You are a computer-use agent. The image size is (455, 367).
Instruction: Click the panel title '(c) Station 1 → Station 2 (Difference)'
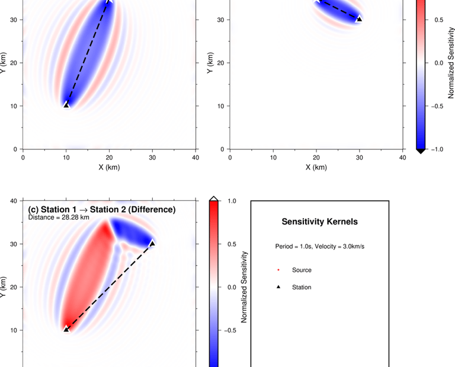click(102, 209)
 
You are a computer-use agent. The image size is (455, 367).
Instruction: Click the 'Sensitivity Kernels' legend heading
click(319, 222)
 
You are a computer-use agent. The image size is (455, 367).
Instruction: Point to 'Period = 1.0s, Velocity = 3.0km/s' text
click(319, 246)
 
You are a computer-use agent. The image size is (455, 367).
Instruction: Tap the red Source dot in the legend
click(278, 270)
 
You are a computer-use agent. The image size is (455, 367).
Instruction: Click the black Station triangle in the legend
click(278, 287)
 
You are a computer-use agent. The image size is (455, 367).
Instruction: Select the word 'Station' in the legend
click(302, 287)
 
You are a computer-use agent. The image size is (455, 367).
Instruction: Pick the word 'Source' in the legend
click(302, 270)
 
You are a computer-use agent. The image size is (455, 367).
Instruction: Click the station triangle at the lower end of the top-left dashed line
click(66, 105)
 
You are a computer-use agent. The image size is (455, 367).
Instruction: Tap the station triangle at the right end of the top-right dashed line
click(358, 19)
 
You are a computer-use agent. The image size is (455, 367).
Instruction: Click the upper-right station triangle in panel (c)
click(152, 243)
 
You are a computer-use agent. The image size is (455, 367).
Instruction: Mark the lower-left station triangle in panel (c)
click(66, 328)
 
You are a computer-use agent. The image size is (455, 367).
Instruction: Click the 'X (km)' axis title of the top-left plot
click(110, 167)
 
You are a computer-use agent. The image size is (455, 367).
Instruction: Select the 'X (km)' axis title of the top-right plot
click(316, 167)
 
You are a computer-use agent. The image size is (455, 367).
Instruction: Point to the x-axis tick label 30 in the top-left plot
click(153, 158)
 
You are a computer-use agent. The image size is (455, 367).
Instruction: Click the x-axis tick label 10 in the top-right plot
click(273, 158)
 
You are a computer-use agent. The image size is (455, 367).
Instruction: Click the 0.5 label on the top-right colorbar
click(439, 20)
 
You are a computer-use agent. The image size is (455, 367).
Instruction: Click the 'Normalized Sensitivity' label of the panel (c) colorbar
click(243, 287)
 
